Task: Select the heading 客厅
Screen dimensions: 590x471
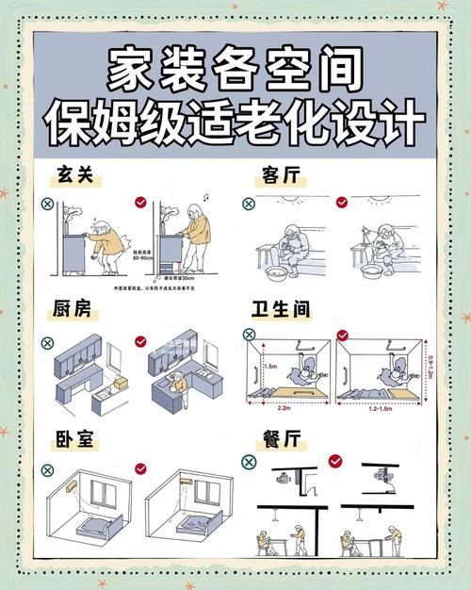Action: point(282,176)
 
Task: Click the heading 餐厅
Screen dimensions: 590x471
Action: point(282,440)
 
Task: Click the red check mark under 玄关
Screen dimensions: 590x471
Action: point(140,202)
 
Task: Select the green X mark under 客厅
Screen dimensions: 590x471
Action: point(249,203)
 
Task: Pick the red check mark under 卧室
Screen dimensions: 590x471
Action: point(140,467)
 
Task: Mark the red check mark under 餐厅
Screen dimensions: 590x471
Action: point(336,461)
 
